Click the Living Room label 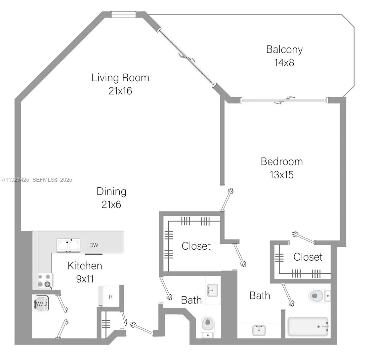tap(120, 78)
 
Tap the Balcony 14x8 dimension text tap(284, 62)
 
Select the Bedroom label tap(281, 161)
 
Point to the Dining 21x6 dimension tap(111, 204)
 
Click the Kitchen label tap(85, 266)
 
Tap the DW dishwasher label tap(94, 245)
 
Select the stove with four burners tap(45, 280)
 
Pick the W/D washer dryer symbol tap(41, 304)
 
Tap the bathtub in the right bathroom tap(308, 326)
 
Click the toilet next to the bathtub tap(318, 295)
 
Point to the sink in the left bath tap(212, 290)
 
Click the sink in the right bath tap(259, 330)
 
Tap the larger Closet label tap(196, 246)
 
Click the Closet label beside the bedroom tap(308, 257)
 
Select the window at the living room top tap(123, 15)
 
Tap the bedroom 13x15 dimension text tap(281, 174)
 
